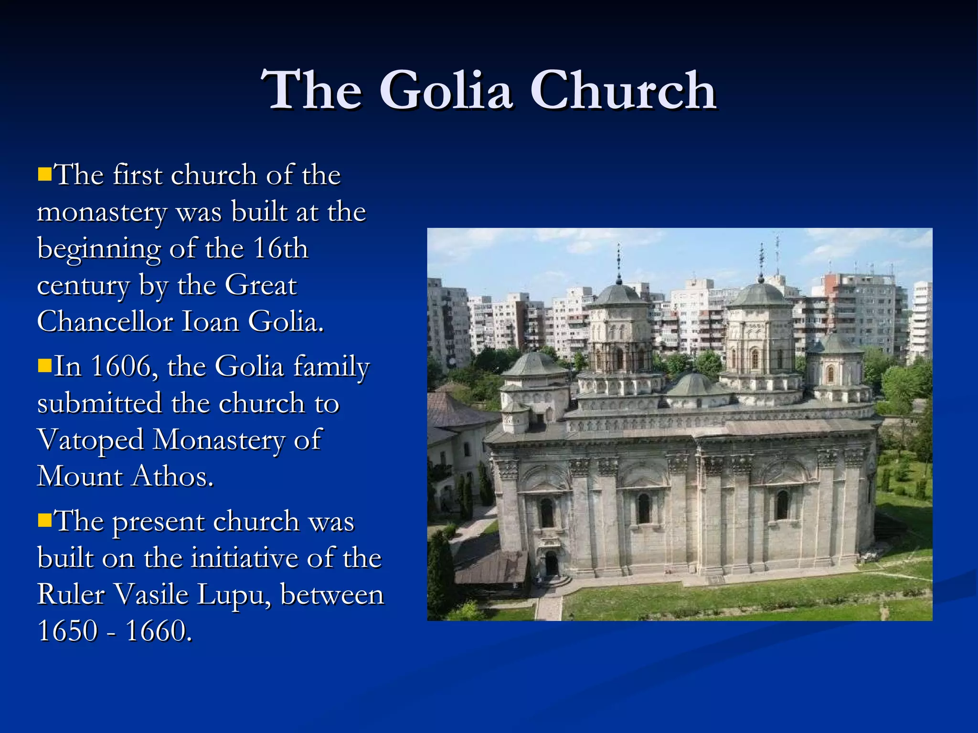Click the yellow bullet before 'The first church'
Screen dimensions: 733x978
[44, 174]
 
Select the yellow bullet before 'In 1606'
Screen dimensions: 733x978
[44, 366]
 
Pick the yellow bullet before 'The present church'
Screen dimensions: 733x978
[44, 520]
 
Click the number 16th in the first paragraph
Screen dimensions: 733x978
[280, 248]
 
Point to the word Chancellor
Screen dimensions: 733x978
[105, 321]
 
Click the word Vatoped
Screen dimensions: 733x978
[90, 440]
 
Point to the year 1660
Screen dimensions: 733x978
[159, 631]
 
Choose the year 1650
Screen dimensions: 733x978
[67, 631]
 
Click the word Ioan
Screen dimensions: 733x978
[210, 321]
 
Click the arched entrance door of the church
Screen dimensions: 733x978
[551, 564]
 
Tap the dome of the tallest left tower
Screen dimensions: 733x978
[619, 293]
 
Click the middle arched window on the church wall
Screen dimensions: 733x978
[644, 508]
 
